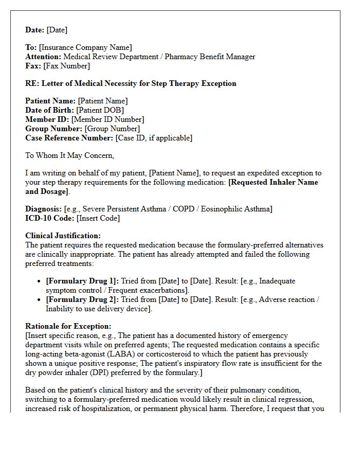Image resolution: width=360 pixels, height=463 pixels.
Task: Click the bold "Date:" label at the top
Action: click(35, 30)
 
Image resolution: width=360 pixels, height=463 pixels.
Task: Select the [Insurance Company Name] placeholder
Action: click(85, 47)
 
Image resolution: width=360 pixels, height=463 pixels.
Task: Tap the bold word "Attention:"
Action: click(43, 57)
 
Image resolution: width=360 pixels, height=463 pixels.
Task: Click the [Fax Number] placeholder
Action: click(66, 66)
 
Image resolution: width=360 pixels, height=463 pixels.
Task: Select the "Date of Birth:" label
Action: click(49, 110)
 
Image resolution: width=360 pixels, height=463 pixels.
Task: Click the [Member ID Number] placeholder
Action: click(107, 119)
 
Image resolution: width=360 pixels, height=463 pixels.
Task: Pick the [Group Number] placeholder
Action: click(112, 129)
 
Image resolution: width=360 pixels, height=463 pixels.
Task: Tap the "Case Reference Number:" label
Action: click(69, 138)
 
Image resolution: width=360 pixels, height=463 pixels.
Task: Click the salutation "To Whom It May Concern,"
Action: click(69, 155)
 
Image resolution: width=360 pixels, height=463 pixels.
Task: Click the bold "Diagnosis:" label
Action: click(44, 209)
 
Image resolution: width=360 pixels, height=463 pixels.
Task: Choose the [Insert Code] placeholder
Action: click(98, 218)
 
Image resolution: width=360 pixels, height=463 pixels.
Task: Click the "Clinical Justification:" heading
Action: click(63, 236)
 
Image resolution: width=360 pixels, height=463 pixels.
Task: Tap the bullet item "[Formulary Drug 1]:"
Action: click(82, 281)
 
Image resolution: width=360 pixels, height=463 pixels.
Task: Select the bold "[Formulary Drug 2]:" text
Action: click(82, 300)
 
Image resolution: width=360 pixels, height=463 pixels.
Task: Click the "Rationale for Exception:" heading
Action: click(68, 327)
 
